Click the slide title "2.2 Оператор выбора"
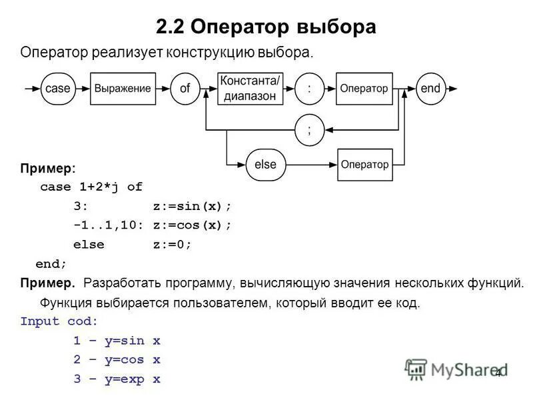click(266, 27)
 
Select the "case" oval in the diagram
click(59, 88)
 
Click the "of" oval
click(185, 88)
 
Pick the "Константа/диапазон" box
click(250, 88)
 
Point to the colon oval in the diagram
click(308, 88)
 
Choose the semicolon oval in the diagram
click(308, 130)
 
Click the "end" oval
click(430, 88)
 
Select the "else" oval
click(265, 164)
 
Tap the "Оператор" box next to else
click(364, 164)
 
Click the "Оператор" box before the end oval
click(364, 88)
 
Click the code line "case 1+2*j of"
click(91, 187)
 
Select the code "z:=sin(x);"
click(192, 206)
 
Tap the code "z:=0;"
click(172, 244)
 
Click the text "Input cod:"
click(59, 321)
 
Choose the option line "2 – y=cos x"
click(117, 360)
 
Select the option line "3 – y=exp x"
click(117, 379)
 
